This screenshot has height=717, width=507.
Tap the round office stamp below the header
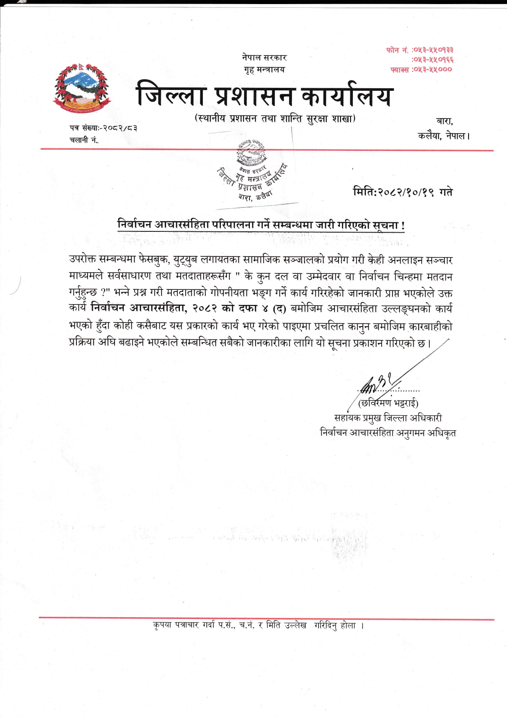click(x=251, y=172)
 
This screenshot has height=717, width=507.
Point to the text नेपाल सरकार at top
click(x=264, y=58)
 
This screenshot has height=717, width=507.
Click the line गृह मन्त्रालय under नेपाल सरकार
click(x=264, y=69)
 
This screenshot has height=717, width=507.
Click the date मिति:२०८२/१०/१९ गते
click(x=403, y=192)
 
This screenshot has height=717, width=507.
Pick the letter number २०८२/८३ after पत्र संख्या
click(x=120, y=128)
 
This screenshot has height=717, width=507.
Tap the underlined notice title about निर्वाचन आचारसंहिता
click(x=261, y=225)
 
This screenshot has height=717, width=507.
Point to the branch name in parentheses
click(x=275, y=119)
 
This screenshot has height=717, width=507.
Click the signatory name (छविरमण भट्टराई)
click(x=388, y=403)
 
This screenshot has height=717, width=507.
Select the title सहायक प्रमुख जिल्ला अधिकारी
click(x=388, y=418)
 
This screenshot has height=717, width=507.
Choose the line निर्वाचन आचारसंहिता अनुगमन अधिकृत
click(x=388, y=432)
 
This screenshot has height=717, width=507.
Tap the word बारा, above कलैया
click(x=445, y=121)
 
